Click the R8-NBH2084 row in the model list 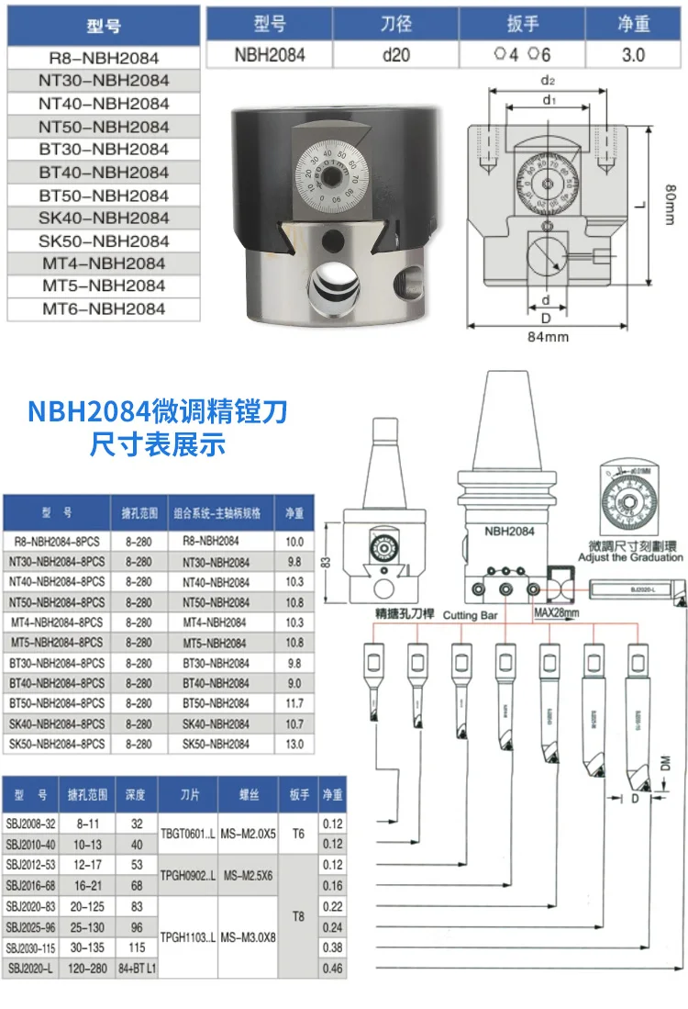click(104, 58)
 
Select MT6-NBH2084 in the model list click(104, 309)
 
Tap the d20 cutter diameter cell click(395, 54)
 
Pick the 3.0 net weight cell click(633, 54)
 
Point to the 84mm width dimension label click(548, 337)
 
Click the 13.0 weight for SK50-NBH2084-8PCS click(294, 744)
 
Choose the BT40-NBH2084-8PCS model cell click(57, 683)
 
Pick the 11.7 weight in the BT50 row click(294, 703)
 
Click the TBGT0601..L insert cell click(188, 834)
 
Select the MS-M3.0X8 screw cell click(248, 937)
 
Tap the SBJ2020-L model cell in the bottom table click(31, 968)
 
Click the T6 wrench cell click(298, 834)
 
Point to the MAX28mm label click(558, 611)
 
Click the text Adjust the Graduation click(631, 557)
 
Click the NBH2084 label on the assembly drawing click(509, 531)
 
